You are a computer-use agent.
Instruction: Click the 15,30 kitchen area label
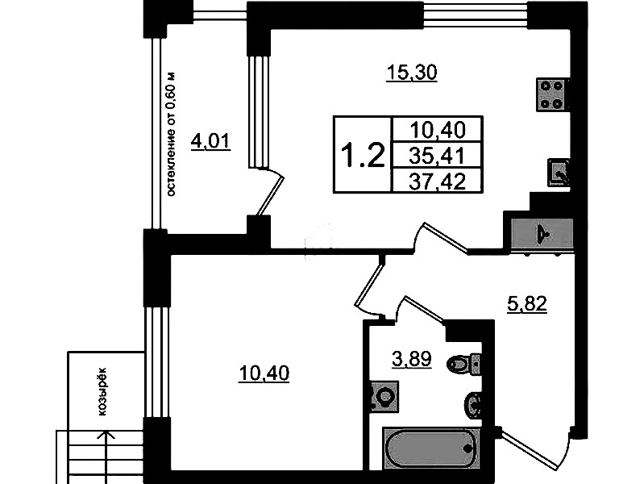[412, 73]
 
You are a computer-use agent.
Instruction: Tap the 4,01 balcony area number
[210, 142]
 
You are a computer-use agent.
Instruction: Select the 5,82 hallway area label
[527, 304]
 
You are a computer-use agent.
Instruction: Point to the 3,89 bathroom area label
[412, 360]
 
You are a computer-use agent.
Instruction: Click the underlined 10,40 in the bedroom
[264, 373]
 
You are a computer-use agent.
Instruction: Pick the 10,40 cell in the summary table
[438, 130]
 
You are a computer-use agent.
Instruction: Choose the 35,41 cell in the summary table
[438, 156]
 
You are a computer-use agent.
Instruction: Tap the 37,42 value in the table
[438, 181]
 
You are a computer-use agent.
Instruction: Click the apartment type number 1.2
[363, 155]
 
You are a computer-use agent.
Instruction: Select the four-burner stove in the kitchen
[552, 94]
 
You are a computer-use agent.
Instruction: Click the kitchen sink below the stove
[559, 173]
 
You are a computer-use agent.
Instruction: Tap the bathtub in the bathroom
[431, 449]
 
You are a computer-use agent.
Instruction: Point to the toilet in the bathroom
[463, 363]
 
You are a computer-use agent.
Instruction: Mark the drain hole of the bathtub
[467, 449]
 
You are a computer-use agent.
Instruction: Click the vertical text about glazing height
[171, 134]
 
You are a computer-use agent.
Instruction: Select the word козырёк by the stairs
[102, 391]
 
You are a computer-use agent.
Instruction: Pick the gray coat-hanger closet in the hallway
[542, 234]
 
